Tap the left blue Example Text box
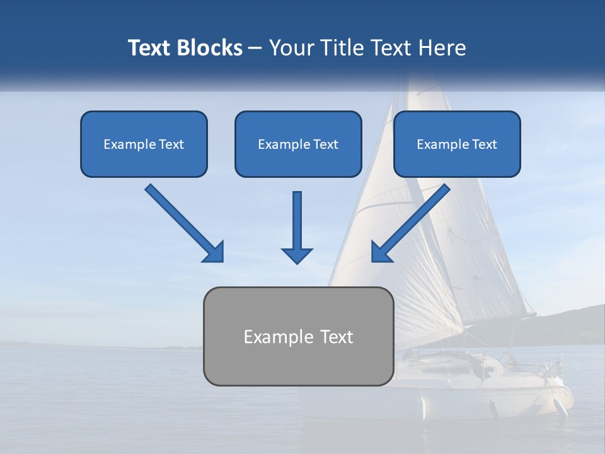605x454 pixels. [x=144, y=144]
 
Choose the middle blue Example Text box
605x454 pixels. [x=298, y=144]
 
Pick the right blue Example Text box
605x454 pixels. [x=457, y=144]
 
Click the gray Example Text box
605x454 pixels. [x=298, y=337]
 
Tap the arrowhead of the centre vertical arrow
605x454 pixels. [x=297, y=255]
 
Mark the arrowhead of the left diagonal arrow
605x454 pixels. [x=214, y=252]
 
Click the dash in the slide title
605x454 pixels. [x=255, y=49]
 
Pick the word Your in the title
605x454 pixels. [x=291, y=48]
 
